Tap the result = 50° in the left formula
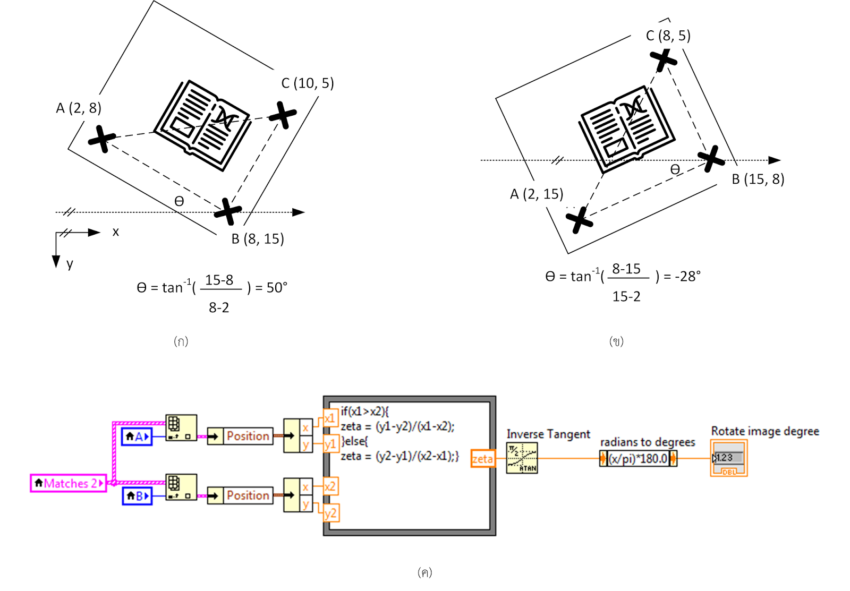point(271,288)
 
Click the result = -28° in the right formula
point(682,277)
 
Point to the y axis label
point(70,264)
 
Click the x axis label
point(115,232)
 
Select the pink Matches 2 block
point(69,483)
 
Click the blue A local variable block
point(137,436)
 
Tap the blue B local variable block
point(137,496)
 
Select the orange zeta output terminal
point(482,459)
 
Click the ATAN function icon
point(522,458)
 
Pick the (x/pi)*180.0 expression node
point(638,458)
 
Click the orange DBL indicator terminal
point(728,458)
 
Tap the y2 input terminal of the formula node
point(330,513)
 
